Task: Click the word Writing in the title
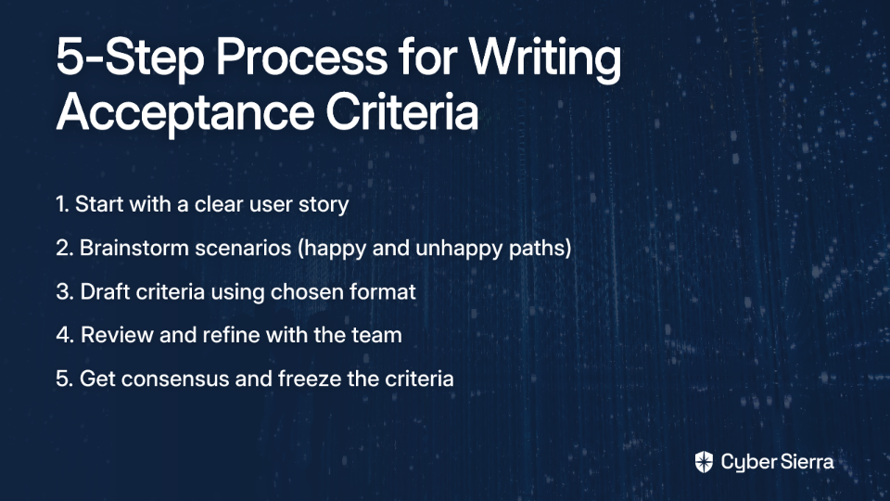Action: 545,58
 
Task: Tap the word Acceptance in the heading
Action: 185,112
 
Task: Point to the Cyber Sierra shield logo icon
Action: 704,462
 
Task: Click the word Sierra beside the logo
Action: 806,461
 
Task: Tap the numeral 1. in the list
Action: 62,204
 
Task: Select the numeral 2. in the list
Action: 64,248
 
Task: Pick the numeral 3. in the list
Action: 65,291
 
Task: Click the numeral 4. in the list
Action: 65,335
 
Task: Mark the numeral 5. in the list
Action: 64,379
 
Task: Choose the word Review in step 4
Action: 117,335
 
